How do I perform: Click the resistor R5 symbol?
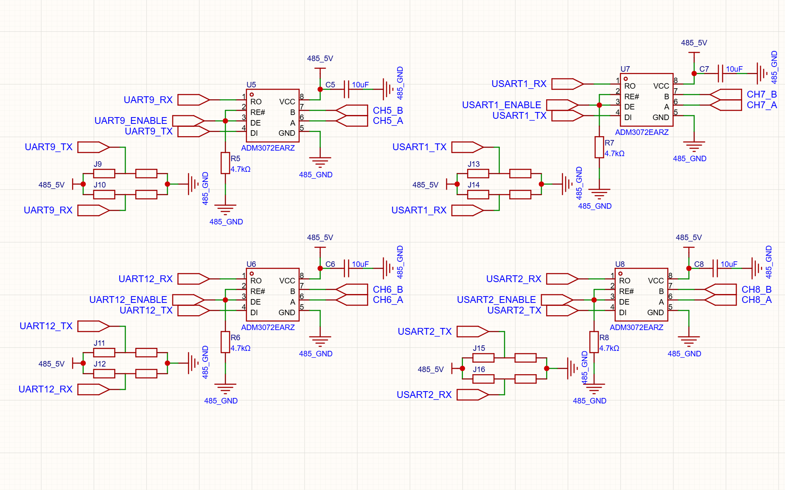225,163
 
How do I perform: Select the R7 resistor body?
599,147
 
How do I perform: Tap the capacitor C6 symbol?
347,269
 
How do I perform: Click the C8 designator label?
699,264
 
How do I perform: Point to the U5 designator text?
251,85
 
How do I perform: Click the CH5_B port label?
388,110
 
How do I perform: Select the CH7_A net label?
762,105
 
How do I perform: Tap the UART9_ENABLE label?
131,121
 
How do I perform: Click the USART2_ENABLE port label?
496,300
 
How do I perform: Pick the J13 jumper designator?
474,164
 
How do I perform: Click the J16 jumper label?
479,370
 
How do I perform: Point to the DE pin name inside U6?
255,302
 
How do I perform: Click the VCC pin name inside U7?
661,86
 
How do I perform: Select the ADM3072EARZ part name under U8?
636,328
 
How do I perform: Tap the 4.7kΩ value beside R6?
241,348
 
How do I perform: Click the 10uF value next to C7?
734,69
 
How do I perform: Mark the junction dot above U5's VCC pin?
320,90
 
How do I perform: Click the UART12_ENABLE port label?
128,300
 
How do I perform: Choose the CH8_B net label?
757,289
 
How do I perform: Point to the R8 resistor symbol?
594,342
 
